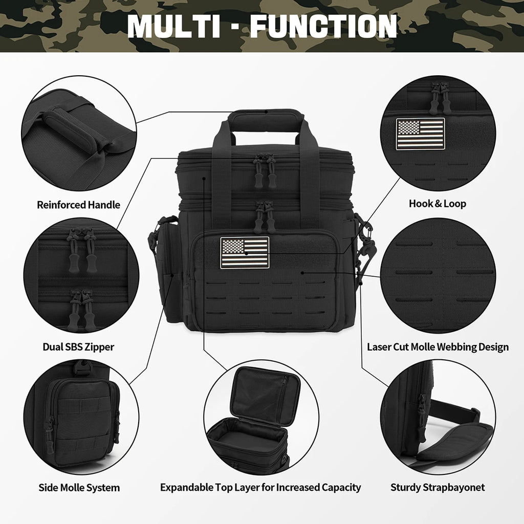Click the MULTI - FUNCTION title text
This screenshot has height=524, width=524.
[x=262, y=26]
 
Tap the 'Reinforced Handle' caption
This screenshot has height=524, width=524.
[x=78, y=205]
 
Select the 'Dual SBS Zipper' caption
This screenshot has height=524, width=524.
[x=78, y=347]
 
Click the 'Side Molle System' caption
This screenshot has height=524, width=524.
[x=79, y=487]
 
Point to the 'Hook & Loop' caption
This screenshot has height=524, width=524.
[x=438, y=204]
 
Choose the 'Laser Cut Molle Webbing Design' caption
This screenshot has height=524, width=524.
[x=438, y=347]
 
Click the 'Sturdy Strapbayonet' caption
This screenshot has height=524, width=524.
[x=438, y=487]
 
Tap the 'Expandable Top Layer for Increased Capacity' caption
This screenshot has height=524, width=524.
[x=260, y=487]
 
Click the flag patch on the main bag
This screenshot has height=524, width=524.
[x=245, y=253]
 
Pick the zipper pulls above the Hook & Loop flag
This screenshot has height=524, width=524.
[x=440, y=97]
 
